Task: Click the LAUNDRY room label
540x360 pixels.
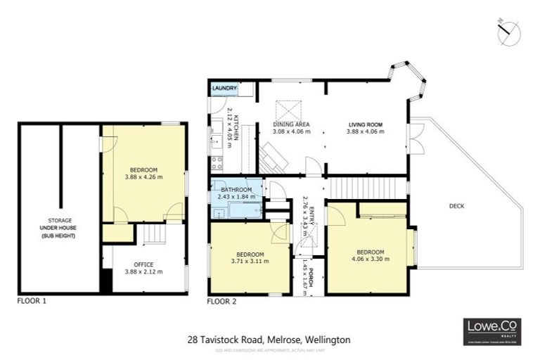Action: point(224,89)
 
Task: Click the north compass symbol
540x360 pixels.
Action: point(508,31)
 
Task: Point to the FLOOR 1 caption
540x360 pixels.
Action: point(33,301)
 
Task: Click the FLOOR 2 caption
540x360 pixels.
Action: point(222,301)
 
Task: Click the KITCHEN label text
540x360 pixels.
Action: point(237,127)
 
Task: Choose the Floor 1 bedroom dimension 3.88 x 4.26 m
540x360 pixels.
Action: point(143,177)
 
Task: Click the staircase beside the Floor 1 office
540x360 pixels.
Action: point(149,233)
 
